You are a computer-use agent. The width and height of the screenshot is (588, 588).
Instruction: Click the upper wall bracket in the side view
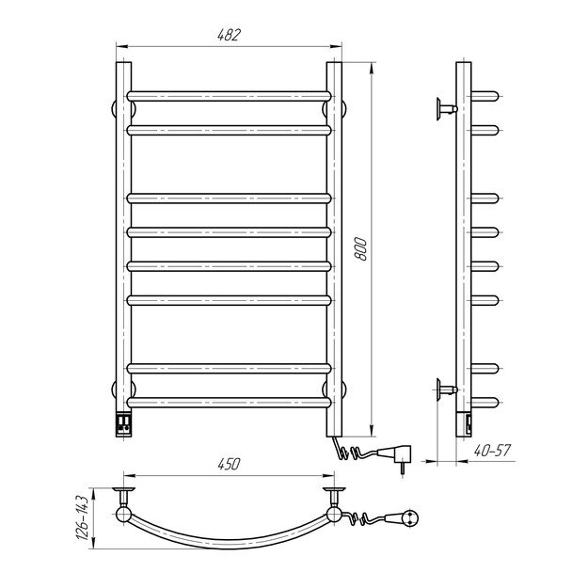point(443,109)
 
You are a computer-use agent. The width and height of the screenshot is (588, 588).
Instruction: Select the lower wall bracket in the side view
point(443,387)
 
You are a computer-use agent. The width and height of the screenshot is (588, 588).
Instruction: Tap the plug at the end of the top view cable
point(406,516)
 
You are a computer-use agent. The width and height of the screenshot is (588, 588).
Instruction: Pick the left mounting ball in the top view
point(122,514)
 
